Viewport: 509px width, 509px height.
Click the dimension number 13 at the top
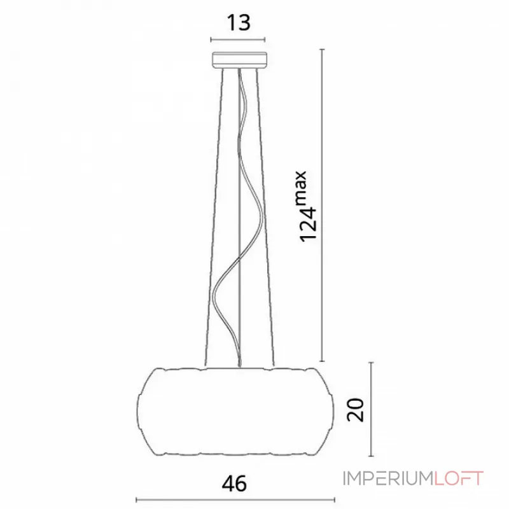click(x=239, y=23)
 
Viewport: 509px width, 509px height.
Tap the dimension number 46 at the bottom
click(x=234, y=484)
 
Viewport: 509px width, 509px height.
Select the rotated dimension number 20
click(x=356, y=410)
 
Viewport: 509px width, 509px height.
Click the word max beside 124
click(x=301, y=188)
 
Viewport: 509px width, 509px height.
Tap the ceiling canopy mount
click(x=240, y=60)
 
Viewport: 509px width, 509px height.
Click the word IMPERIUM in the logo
click(x=388, y=478)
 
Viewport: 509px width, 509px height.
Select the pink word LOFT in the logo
click(x=458, y=478)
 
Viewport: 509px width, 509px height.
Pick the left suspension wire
click(x=214, y=218)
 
